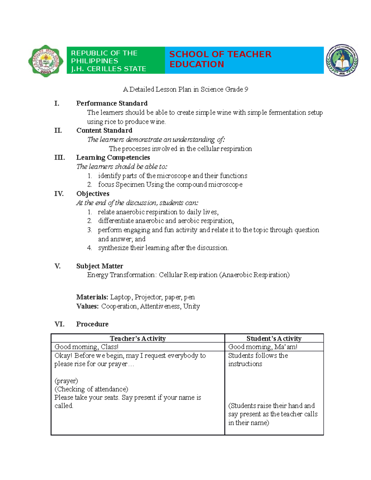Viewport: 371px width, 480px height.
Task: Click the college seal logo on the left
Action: [46, 61]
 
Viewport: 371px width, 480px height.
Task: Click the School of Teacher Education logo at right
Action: [342, 60]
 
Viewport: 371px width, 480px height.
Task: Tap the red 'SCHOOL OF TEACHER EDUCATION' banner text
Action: [220, 59]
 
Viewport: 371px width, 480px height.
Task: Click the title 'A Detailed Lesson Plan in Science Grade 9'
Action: [185, 90]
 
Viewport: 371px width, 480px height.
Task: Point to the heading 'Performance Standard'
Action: [112, 103]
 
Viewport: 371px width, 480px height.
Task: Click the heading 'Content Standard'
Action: [104, 130]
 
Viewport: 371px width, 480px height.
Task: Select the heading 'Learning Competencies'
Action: [113, 158]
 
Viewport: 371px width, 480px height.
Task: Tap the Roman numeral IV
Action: [59, 194]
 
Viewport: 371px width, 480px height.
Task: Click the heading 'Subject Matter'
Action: [100, 266]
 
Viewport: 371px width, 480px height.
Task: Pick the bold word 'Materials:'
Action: [92, 297]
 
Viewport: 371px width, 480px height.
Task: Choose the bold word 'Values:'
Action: [87, 306]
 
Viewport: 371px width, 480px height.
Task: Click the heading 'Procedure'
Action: [92, 324]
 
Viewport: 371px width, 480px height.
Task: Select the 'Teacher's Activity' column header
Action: [138, 338]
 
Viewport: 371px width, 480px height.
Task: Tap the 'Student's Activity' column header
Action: [274, 338]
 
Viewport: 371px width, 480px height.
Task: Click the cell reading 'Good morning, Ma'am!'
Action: [262, 347]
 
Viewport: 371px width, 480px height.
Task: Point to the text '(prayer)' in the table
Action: [66, 381]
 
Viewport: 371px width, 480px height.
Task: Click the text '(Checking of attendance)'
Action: [91, 389]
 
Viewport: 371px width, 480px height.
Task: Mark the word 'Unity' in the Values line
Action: [191, 306]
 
